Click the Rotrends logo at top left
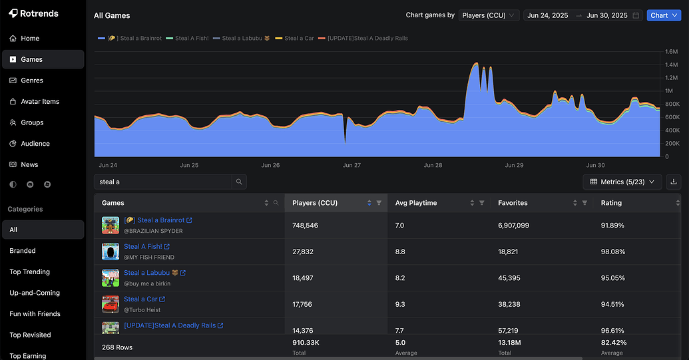click(x=33, y=13)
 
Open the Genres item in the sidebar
click(x=31, y=81)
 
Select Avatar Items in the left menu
click(x=40, y=102)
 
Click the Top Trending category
click(x=29, y=272)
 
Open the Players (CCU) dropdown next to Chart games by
click(x=489, y=15)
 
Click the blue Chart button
click(x=663, y=15)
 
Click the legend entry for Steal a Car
click(x=298, y=39)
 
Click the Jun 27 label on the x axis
click(x=351, y=165)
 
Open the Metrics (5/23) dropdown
click(x=622, y=182)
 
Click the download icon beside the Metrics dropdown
click(x=673, y=182)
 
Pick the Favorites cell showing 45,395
click(x=513, y=278)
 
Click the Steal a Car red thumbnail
click(x=111, y=304)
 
